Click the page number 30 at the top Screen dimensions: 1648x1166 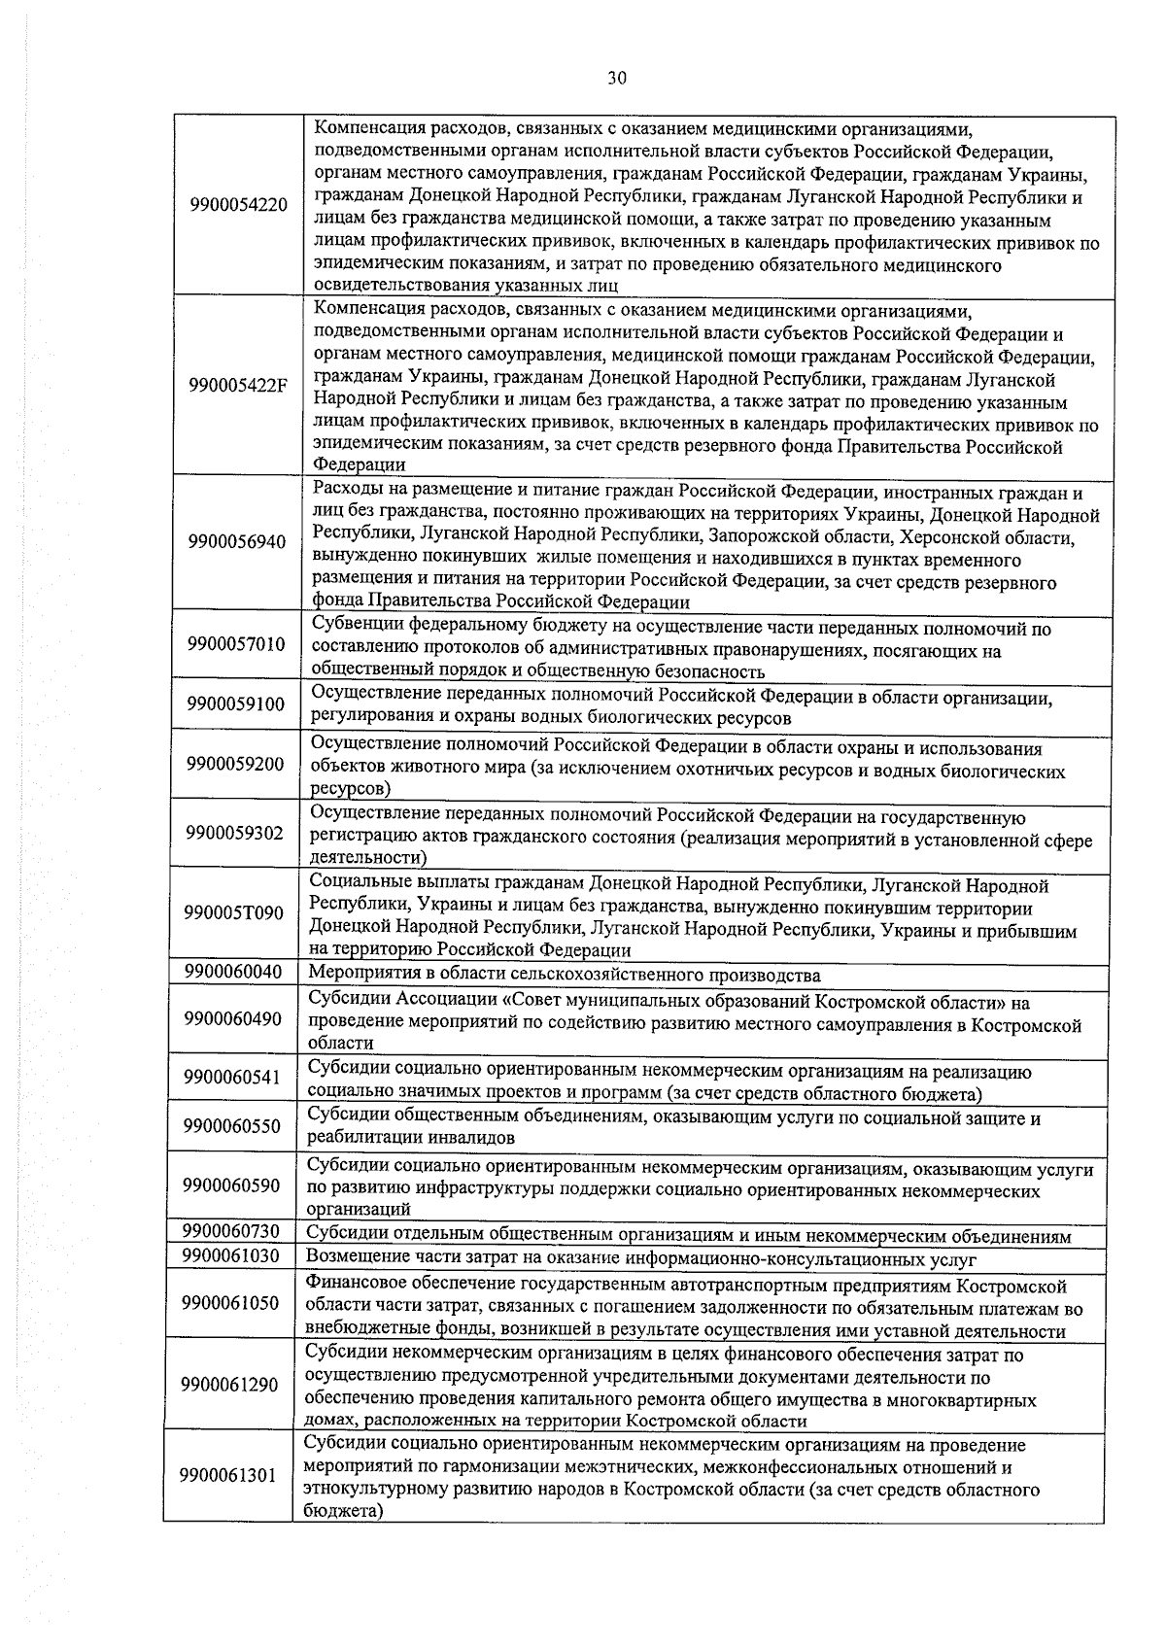(617, 79)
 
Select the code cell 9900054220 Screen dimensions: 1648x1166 (239, 205)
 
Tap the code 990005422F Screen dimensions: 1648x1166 (238, 385)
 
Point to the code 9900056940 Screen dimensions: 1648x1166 (237, 542)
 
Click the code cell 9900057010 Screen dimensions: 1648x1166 (236, 644)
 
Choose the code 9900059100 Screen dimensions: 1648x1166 (236, 704)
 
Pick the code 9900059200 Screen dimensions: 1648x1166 (235, 765)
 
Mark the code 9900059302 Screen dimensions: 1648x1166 (235, 833)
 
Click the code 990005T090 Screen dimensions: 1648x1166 (234, 913)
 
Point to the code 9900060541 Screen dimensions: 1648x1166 (232, 1078)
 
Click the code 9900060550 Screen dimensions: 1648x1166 (232, 1126)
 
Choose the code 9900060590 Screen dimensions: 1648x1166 (231, 1185)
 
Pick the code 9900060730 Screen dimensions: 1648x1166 (231, 1232)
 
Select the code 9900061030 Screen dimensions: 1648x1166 (230, 1255)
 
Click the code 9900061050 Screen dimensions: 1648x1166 (230, 1303)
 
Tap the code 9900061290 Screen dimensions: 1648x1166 (229, 1385)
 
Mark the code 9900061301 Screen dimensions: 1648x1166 (228, 1475)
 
